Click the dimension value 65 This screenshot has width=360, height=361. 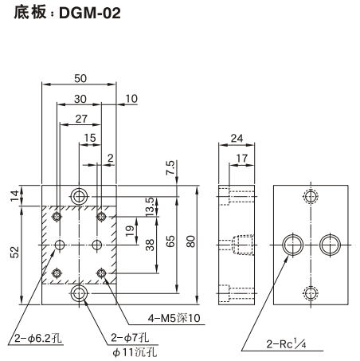point(170,242)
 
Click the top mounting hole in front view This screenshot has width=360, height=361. point(79,195)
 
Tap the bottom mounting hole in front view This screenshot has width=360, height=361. point(79,294)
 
